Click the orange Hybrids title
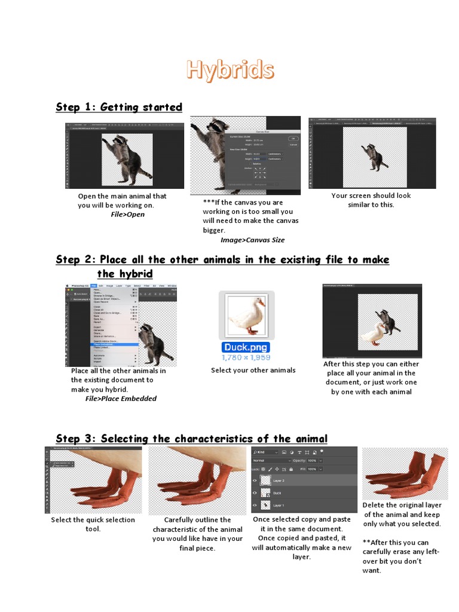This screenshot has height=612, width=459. coord(230,70)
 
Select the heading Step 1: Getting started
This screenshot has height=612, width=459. coord(119,108)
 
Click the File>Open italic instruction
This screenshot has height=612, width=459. coord(127,215)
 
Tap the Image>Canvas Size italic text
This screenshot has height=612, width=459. coord(252,240)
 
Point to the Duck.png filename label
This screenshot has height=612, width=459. coord(246,347)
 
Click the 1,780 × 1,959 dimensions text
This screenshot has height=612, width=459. coord(246,357)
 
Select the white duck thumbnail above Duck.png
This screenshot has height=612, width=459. coord(246,314)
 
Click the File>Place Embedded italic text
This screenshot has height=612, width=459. coord(121,399)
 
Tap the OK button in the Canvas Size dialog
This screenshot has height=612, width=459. coord(293,137)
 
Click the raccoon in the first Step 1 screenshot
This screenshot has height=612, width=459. coord(126,158)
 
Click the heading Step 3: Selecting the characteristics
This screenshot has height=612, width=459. coord(191,439)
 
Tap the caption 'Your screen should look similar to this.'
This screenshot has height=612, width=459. coord(371,200)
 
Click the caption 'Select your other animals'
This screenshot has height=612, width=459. coord(253,371)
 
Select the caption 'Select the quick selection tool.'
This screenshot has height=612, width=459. coord(93,524)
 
